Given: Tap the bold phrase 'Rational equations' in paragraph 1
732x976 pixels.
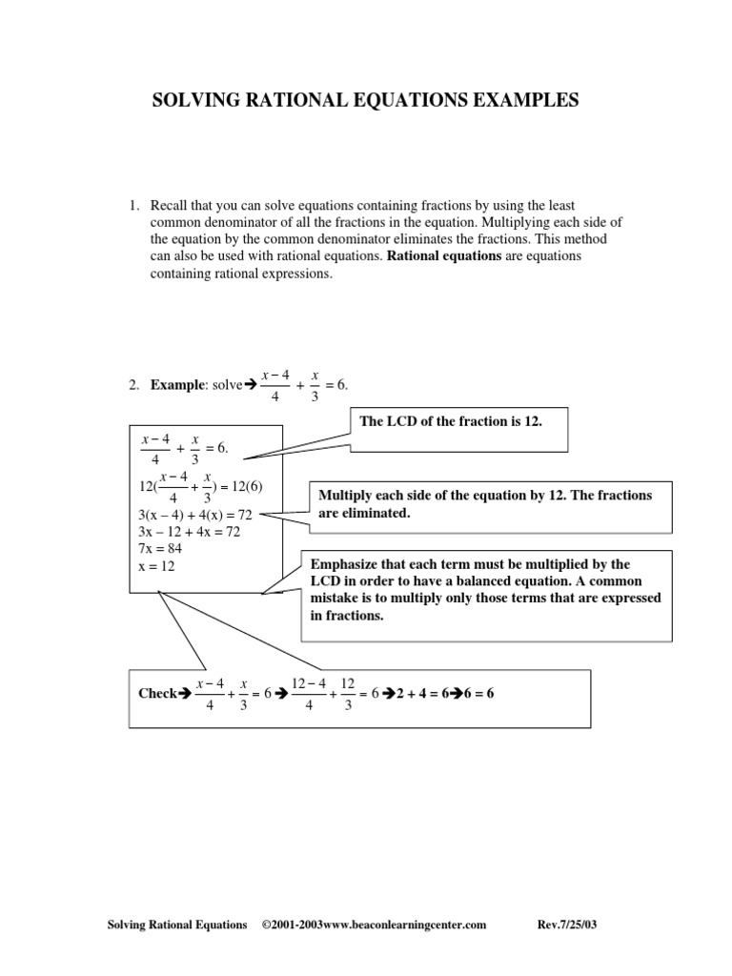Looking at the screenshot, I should point(444,257).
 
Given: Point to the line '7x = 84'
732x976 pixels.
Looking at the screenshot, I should point(161,549).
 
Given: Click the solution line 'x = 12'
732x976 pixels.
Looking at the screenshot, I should point(157,566).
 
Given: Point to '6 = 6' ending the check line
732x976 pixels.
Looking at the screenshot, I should point(478,694).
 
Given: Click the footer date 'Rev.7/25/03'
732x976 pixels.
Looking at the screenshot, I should point(569,925).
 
